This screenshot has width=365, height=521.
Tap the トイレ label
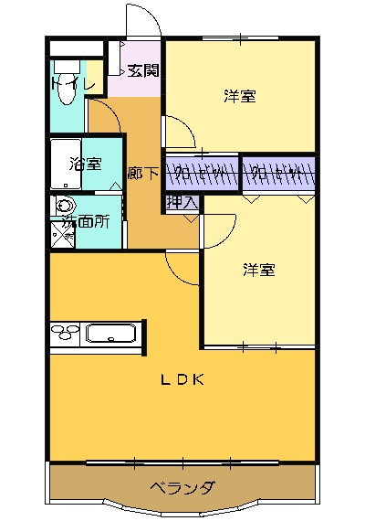pos(73,85)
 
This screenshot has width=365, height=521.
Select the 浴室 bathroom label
pos(86,165)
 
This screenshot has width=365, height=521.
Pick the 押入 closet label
pos(181,202)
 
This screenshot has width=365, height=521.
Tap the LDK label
pos(182,380)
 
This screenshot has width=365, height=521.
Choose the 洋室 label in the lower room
pos(259,270)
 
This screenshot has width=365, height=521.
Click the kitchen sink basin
pos(110,334)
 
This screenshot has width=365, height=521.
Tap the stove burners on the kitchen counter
pos(66,335)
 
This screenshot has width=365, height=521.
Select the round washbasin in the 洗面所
pos(64,207)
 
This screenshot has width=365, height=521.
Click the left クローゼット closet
pos(202,172)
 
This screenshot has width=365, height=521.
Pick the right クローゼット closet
pos(279,172)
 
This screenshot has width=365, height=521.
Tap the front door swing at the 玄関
pos(139,20)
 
